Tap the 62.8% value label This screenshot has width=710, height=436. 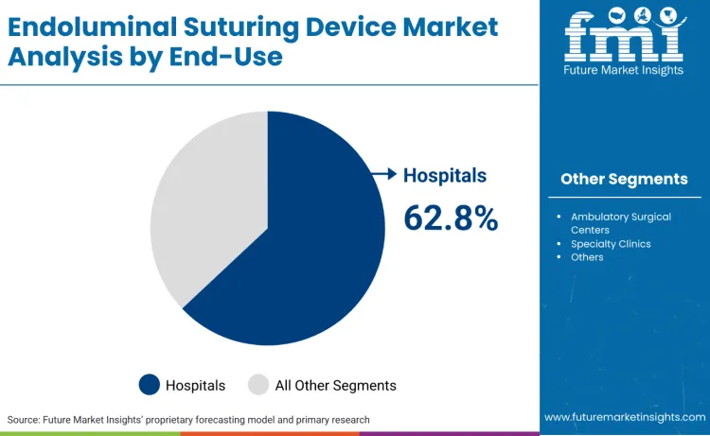click(x=451, y=218)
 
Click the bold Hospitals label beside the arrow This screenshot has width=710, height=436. click(x=445, y=175)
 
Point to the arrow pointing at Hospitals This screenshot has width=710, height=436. click(x=383, y=174)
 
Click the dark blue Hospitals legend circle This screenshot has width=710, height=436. click(x=150, y=385)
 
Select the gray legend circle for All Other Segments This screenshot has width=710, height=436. click(x=258, y=385)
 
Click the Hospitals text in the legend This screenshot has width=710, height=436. click(x=196, y=385)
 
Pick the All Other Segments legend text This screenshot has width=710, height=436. click(x=335, y=385)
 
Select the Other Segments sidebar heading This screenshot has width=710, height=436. click(x=624, y=179)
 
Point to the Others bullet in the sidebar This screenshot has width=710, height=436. click(x=587, y=257)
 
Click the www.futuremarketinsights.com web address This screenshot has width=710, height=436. click(x=624, y=417)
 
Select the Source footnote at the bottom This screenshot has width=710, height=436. click(x=188, y=419)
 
